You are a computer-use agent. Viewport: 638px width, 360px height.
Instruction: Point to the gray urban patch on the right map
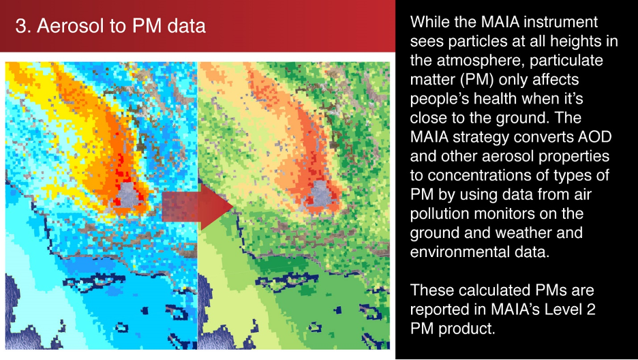point(319,194)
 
